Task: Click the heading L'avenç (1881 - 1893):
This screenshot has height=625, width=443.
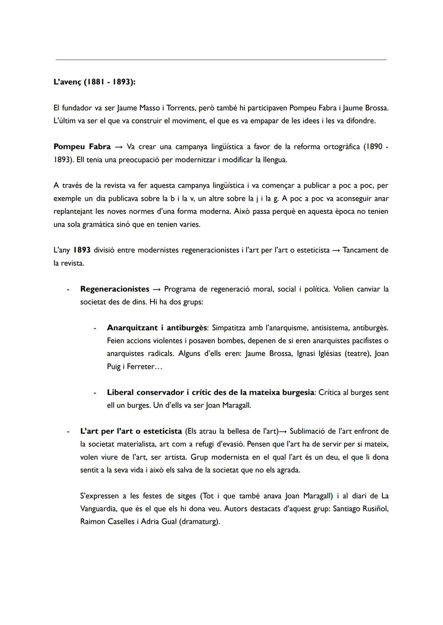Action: click(94, 82)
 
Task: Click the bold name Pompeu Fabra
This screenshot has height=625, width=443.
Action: click(82, 147)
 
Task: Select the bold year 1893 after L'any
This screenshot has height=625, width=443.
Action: click(82, 250)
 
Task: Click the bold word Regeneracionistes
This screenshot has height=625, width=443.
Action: click(114, 289)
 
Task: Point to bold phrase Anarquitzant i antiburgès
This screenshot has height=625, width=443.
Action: click(157, 328)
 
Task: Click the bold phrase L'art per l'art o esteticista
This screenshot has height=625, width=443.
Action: click(131, 431)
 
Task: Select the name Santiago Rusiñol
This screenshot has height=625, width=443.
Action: click(361, 509)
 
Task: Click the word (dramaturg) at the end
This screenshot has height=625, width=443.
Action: click(199, 522)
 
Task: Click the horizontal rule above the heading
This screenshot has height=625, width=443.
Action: click(221, 60)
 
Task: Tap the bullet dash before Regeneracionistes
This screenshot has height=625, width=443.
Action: click(68, 289)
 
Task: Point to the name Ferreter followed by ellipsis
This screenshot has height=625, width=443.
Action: click(139, 367)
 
